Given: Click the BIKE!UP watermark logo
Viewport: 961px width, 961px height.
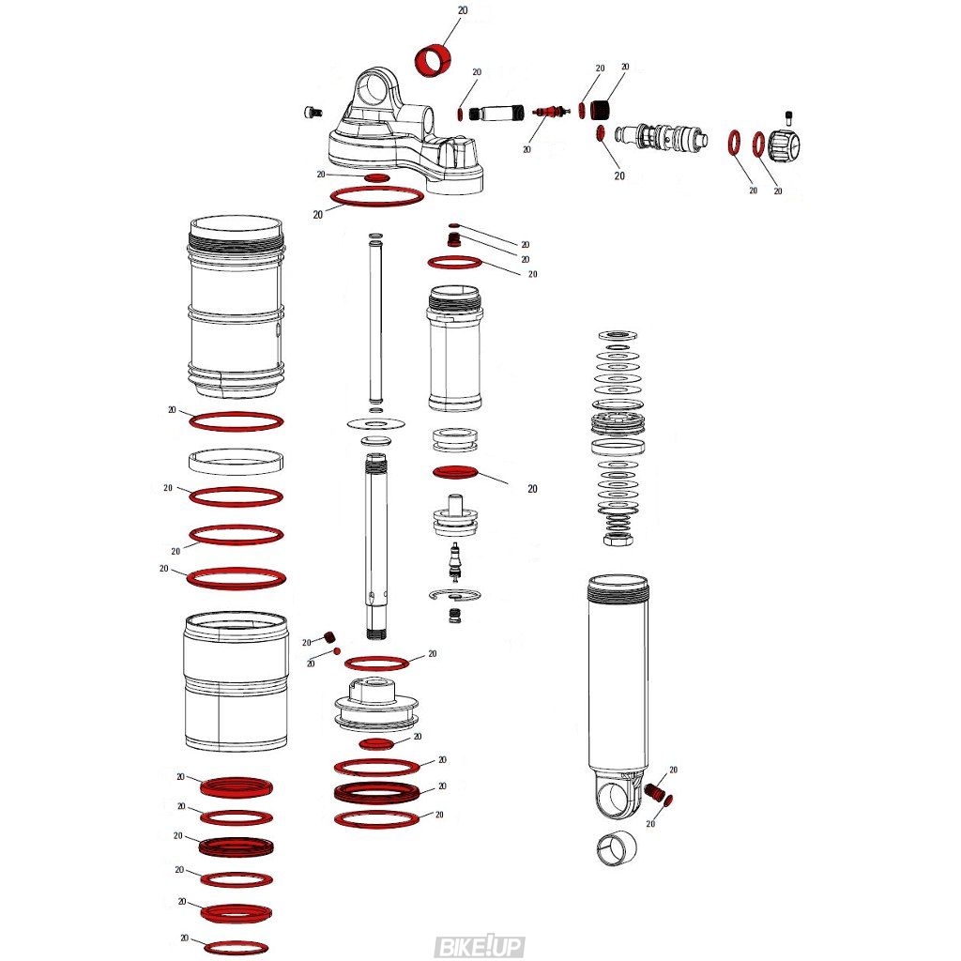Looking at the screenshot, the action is [479, 946].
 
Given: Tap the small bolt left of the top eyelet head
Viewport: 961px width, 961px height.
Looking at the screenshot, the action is [313, 113].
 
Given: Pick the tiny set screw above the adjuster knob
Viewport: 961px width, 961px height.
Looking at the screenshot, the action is [788, 118].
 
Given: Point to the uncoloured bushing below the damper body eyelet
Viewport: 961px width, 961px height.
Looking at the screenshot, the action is [616, 848].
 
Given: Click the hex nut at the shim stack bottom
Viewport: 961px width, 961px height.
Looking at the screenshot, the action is [618, 540].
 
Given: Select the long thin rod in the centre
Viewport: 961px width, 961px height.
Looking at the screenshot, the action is [375, 323].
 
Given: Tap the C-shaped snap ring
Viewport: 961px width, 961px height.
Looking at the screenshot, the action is [454, 595].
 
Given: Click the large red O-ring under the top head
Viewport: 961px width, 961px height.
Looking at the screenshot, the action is [377, 197].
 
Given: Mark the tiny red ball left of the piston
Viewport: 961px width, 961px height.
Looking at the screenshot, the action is [337, 650].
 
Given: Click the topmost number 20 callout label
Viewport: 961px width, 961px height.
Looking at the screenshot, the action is [463, 10].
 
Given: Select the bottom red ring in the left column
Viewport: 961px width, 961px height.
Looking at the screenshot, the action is [236, 948].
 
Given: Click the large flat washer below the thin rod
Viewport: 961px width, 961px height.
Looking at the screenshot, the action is [376, 423].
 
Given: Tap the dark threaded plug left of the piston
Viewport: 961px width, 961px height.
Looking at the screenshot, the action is [329, 637].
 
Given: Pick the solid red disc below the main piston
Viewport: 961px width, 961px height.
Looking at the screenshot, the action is [376, 743].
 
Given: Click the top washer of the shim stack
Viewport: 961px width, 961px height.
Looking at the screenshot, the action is [618, 335].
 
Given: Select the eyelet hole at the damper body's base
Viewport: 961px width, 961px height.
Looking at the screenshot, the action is [615, 798].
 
